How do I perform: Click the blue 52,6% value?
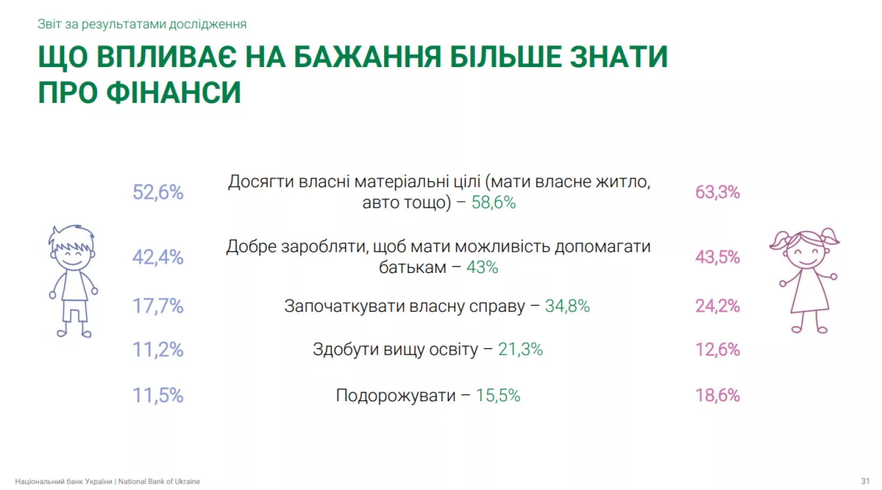158,192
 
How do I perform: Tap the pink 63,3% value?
717,192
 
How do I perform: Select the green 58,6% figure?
493,202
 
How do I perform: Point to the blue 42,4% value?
158,257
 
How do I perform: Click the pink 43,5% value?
717,257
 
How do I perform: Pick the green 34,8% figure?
567,306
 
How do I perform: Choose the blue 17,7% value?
158,306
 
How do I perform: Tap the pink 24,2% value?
717,306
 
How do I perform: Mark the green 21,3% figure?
520,349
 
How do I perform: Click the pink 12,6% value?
717,349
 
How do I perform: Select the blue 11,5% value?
158,395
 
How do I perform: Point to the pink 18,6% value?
717,395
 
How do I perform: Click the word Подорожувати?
396,396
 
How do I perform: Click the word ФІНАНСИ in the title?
173,92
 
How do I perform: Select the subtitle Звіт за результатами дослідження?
142,25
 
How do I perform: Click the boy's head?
72,248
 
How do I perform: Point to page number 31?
865,481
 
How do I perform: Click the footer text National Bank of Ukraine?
159,481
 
